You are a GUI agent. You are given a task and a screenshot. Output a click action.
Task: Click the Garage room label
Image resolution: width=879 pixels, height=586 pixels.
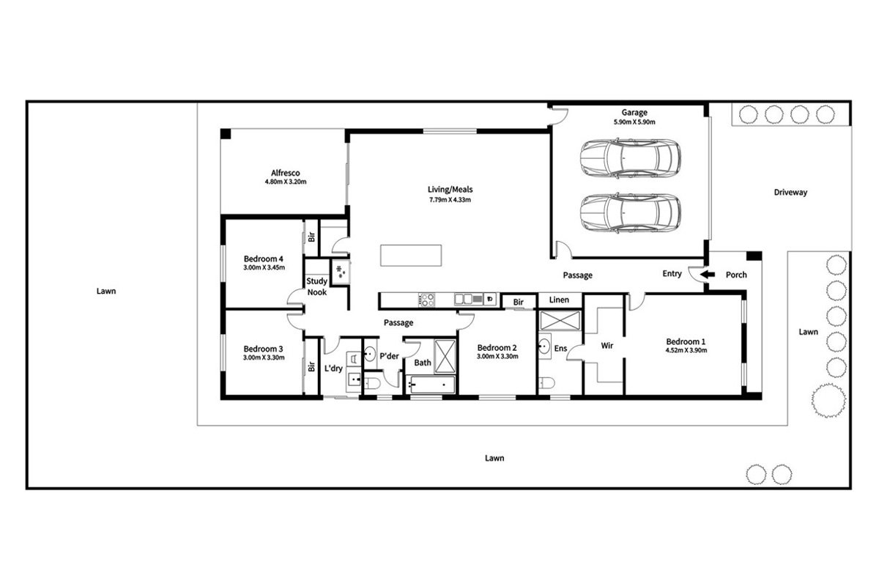(x=634, y=113)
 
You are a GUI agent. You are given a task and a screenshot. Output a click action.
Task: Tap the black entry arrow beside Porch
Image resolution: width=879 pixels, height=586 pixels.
(x=707, y=275)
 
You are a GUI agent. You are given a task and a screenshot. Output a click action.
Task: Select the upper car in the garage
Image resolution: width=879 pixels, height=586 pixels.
(x=630, y=158)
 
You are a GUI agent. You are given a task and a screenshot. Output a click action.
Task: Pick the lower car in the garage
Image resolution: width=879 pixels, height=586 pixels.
(x=630, y=212)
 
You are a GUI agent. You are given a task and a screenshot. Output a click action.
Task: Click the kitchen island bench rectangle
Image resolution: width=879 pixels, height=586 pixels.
(x=411, y=255)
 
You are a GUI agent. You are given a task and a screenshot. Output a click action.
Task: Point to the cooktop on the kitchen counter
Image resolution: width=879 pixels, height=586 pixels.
(x=426, y=300)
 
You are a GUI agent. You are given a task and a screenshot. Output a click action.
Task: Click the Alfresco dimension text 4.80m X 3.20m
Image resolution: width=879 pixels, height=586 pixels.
(x=285, y=182)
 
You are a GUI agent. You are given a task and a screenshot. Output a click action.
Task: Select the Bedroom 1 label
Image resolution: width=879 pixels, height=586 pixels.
(x=686, y=341)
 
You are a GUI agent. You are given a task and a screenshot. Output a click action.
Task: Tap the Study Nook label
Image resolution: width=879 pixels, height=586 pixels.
(x=316, y=286)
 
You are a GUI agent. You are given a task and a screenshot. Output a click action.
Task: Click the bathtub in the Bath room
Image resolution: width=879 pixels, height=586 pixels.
(x=432, y=385)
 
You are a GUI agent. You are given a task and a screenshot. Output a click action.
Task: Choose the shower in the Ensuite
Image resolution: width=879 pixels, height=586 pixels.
(x=560, y=321)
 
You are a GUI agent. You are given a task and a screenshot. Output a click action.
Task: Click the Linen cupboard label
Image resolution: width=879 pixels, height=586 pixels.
(x=559, y=300)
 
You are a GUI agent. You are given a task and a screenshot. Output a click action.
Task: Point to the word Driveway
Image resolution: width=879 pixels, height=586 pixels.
(x=790, y=193)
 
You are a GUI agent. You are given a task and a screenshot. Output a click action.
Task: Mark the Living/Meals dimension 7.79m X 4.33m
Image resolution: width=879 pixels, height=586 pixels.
(x=450, y=199)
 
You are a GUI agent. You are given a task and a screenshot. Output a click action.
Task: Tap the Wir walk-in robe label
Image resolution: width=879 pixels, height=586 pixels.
(x=607, y=346)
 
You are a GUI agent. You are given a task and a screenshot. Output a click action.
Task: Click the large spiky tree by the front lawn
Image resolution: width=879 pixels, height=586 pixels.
(x=828, y=401)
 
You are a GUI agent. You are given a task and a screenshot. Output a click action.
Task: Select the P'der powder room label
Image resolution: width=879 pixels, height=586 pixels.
(x=389, y=356)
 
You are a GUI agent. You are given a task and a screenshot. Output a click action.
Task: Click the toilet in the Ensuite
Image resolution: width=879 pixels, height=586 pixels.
(x=546, y=382)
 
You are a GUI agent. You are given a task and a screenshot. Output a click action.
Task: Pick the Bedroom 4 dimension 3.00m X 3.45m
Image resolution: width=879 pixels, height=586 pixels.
(x=264, y=267)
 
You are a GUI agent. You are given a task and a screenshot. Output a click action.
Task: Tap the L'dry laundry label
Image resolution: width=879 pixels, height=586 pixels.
(x=333, y=368)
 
